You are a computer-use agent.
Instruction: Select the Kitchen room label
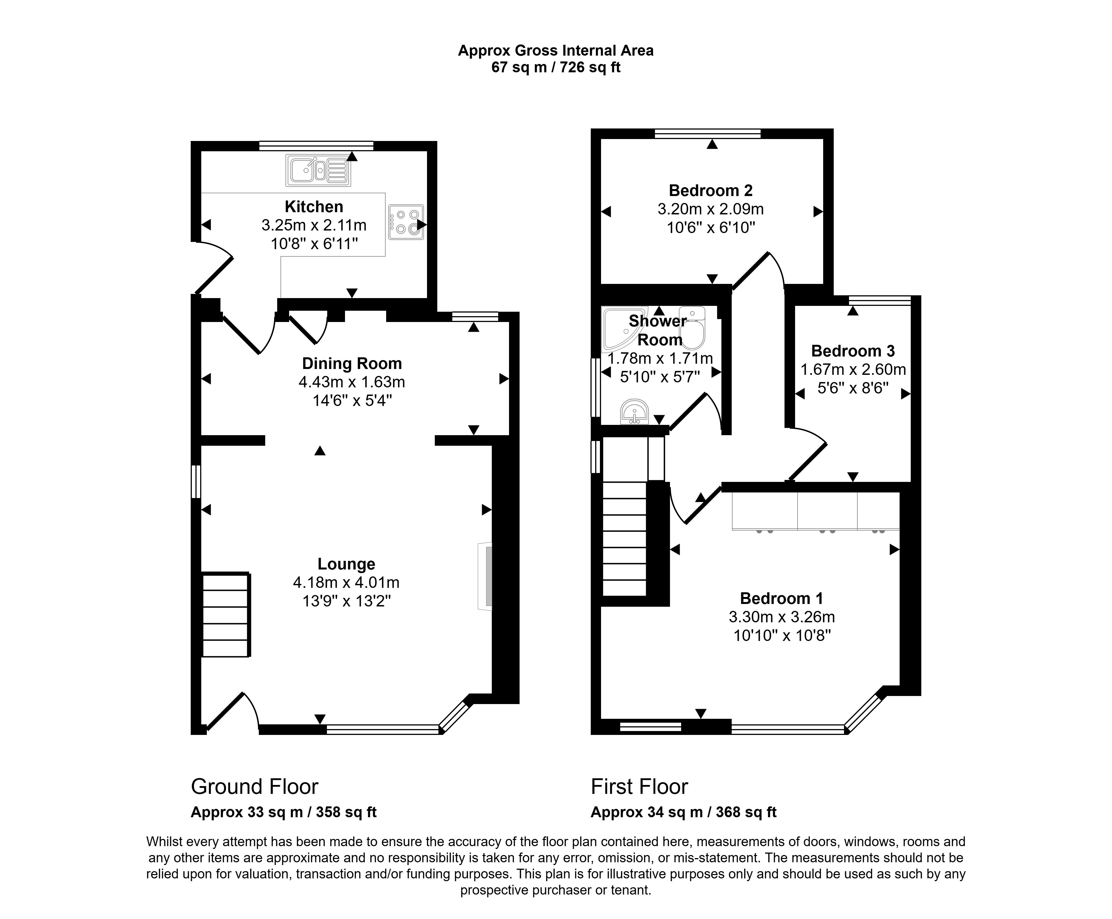[314, 206]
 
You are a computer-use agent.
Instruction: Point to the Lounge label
[346, 564]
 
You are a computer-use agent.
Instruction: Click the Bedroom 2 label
[710, 190]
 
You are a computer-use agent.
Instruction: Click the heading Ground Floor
[255, 787]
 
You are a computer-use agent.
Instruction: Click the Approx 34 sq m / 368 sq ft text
[683, 812]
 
